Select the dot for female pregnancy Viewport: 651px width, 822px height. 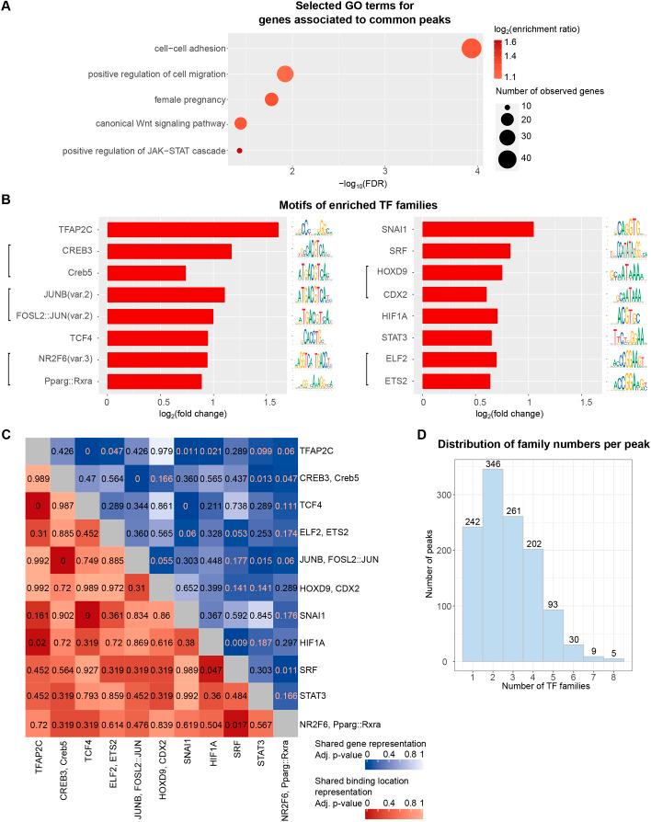point(271,99)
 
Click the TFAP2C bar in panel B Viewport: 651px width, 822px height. point(192,230)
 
